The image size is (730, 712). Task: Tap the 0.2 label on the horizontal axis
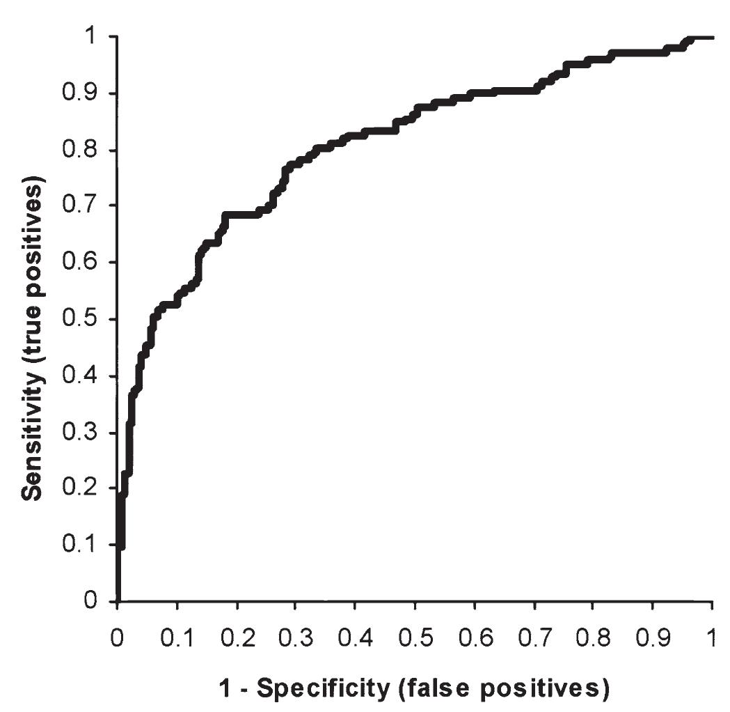click(x=237, y=639)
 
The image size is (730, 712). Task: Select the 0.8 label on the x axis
click(x=593, y=639)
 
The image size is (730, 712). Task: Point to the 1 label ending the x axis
click(x=712, y=639)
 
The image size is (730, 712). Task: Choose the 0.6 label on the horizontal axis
click(x=474, y=639)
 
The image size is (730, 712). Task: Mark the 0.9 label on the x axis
click(x=652, y=639)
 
